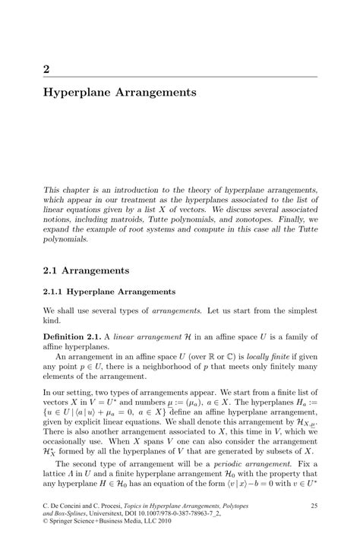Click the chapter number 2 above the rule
tap(47, 68)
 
